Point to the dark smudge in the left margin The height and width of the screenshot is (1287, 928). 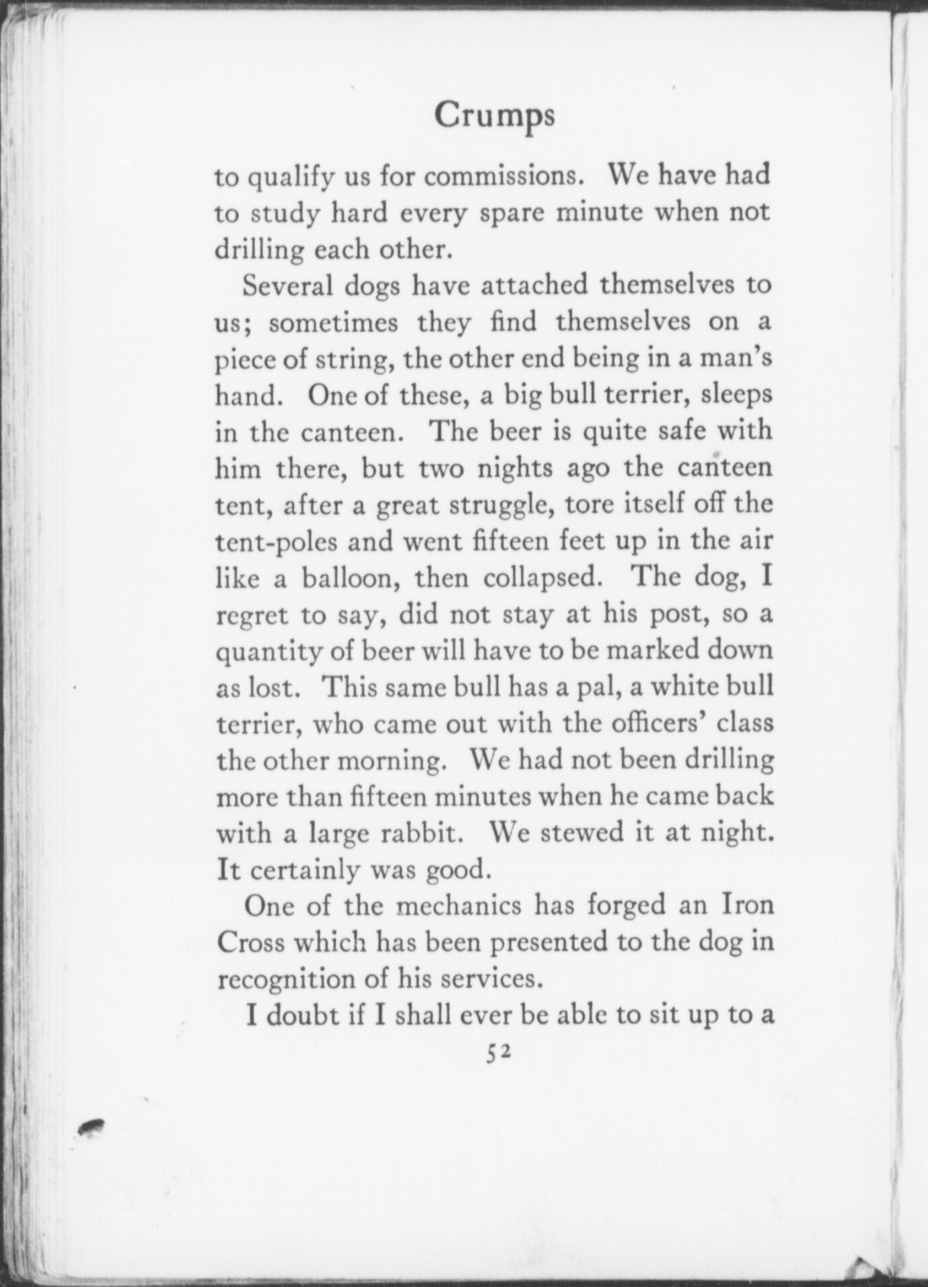coord(91,1127)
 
